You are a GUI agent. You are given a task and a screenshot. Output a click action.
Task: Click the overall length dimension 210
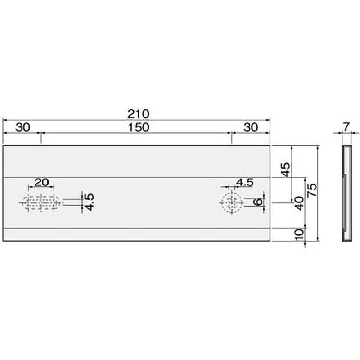[138, 114]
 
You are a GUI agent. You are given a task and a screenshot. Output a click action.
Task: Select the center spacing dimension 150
[138, 127]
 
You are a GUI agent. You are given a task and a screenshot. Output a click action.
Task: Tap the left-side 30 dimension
[23, 127]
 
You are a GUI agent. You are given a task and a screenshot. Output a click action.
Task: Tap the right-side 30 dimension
[251, 127]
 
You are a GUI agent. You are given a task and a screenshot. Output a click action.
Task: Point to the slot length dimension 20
[41, 182]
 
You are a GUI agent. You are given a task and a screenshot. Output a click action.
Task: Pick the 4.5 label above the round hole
[245, 182]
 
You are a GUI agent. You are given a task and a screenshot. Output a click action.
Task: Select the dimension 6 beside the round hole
[258, 202]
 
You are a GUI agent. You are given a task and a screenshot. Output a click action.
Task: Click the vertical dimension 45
[286, 170]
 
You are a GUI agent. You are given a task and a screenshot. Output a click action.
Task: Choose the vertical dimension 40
[300, 203]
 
